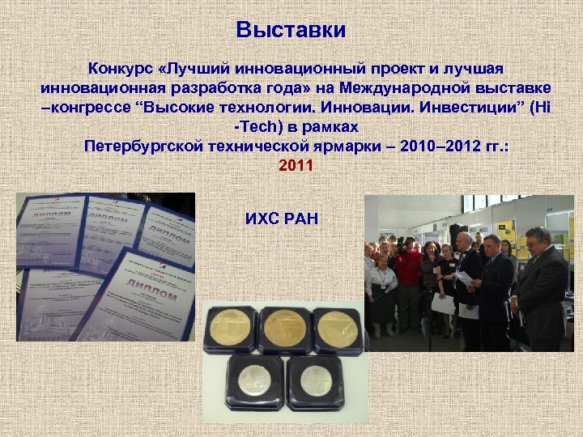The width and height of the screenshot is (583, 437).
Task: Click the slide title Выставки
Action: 291,31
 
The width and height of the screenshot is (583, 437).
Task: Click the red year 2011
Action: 291,166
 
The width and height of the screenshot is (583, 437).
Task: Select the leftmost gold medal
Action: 229,330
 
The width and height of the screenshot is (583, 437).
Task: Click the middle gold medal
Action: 285,329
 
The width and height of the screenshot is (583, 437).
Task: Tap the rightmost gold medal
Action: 338,329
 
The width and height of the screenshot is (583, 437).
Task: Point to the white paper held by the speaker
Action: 463,278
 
